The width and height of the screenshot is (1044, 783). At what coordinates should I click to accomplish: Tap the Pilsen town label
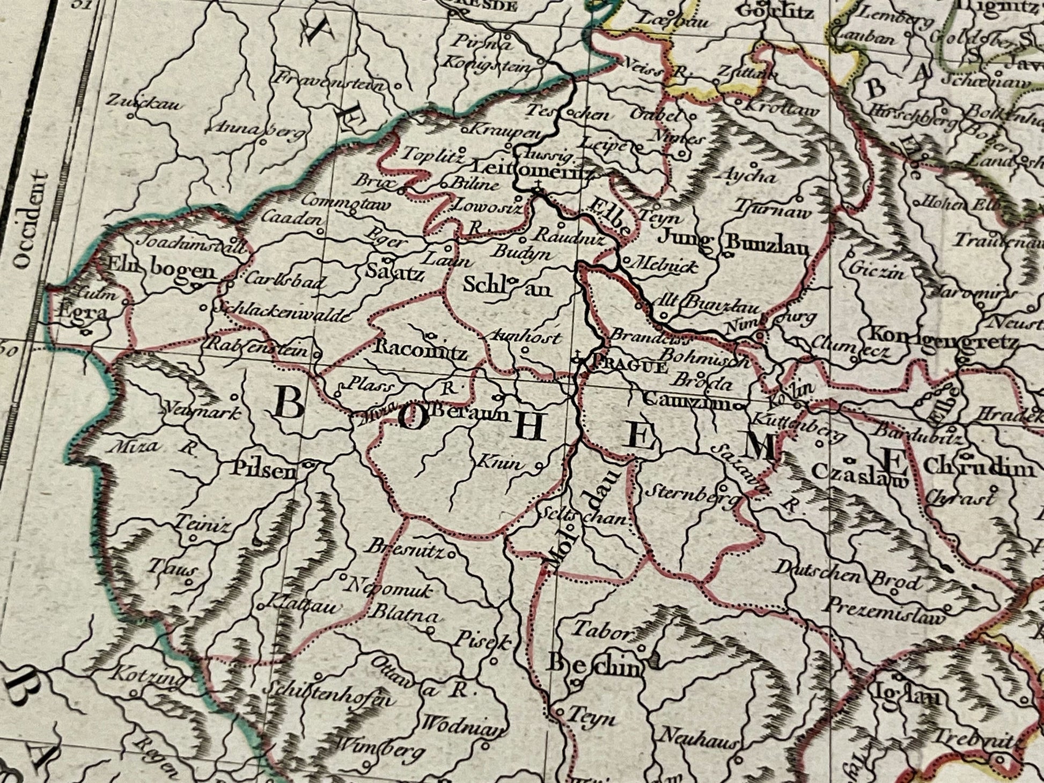click(x=263, y=471)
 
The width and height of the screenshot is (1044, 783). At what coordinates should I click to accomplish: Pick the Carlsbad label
click(x=284, y=280)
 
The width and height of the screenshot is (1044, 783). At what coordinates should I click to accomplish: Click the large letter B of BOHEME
click(x=289, y=404)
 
